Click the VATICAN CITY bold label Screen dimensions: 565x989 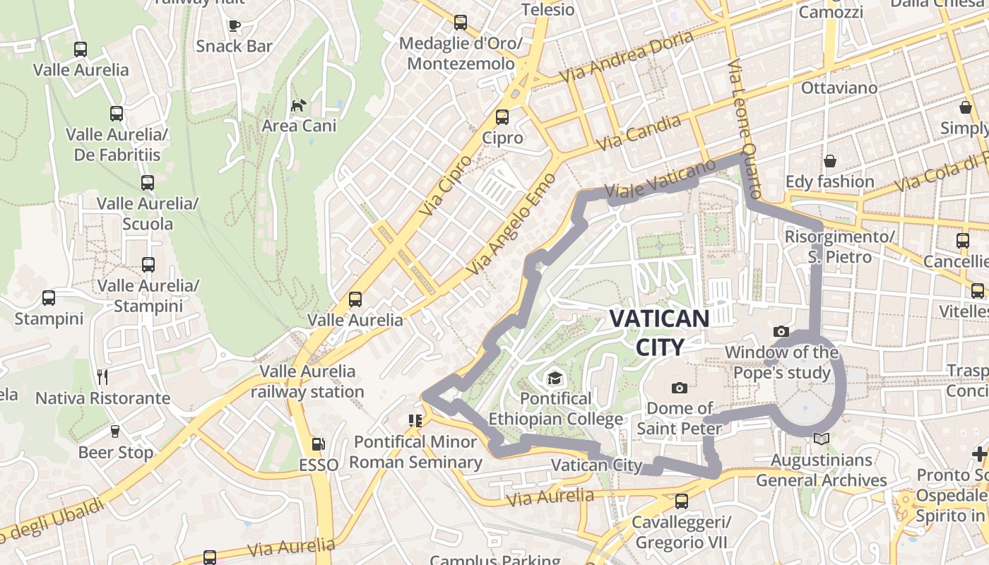click(659, 332)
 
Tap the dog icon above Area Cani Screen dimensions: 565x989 click(299, 106)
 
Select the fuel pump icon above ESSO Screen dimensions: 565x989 click(319, 444)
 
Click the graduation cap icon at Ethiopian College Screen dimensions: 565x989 click(555, 379)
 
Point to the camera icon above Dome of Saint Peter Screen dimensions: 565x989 click(680, 388)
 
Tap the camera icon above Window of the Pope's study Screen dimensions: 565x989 click(781, 331)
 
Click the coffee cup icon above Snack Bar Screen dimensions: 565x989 click(234, 26)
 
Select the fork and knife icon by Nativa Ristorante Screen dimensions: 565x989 click(103, 377)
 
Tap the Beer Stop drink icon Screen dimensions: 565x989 click(115, 431)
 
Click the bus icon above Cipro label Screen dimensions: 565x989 click(502, 117)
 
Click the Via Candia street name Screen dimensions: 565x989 click(639, 133)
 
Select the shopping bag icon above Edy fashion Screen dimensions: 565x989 click(829, 161)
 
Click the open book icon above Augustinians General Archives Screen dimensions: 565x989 click(821, 439)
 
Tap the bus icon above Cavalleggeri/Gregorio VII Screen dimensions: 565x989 click(681, 501)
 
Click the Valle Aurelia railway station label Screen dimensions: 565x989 click(307, 381)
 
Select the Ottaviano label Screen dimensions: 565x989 click(839, 88)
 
